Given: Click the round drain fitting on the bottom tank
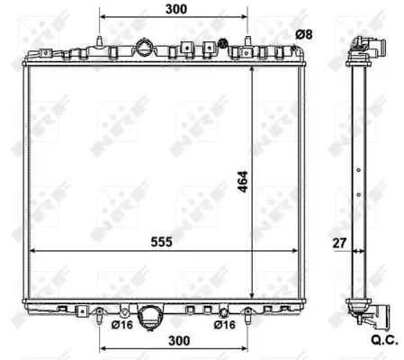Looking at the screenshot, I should pyautogui.click(x=152, y=314).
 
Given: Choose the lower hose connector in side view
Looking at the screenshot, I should pyautogui.click(x=373, y=314).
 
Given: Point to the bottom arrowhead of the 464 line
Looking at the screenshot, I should pyautogui.click(x=251, y=295).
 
